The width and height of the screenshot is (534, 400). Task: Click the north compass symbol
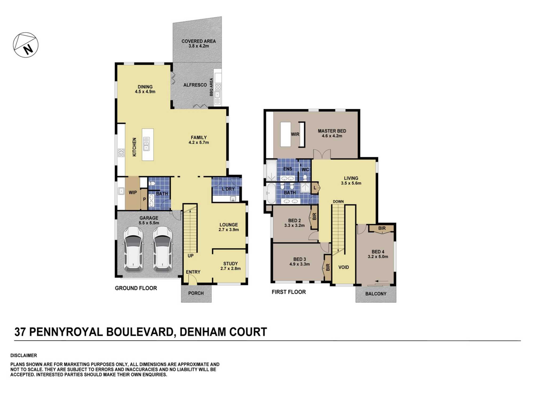(x=26, y=45)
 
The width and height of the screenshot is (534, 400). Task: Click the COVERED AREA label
(x=198, y=41)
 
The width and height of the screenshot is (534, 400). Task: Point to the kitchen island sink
(x=146, y=144)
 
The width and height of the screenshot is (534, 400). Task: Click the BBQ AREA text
(x=211, y=87)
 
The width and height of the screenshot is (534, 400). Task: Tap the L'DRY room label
(x=228, y=189)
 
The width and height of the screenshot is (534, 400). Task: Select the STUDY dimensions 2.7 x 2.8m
(x=230, y=269)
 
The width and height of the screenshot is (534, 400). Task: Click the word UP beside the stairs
(x=190, y=256)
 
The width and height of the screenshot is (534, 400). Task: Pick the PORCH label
(x=196, y=293)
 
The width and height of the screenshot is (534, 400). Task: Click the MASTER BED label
(x=332, y=131)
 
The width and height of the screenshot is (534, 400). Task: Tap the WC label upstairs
(x=305, y=170)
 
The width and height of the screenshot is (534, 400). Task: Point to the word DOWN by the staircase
(x=338, y=202)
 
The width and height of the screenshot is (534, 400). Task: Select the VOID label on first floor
(x=343, y=267)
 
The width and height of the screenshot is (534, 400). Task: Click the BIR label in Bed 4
(x=382, y=228)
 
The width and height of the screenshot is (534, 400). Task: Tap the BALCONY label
(x=376, y=294)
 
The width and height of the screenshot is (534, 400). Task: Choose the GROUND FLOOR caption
(x=136, y=288)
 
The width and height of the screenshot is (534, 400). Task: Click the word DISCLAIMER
(x=23, y=355)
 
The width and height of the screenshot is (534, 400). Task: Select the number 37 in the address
(x=20, y=332)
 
